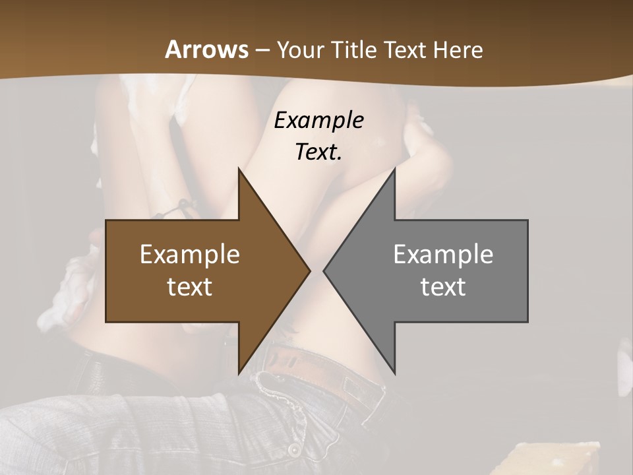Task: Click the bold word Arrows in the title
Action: [x=206, y=49]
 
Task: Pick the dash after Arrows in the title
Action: [x=262, y=51]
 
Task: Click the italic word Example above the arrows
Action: [x=318, y=120]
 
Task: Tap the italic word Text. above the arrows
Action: [x=318, y=152]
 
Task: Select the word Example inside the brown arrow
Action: [x=190, y=254]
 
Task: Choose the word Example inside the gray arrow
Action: [x=443, y=254]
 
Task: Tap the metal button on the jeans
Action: [x=293, y=449]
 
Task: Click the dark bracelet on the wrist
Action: [x=173, y=210]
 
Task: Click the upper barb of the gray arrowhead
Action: [x=394, y=171]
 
